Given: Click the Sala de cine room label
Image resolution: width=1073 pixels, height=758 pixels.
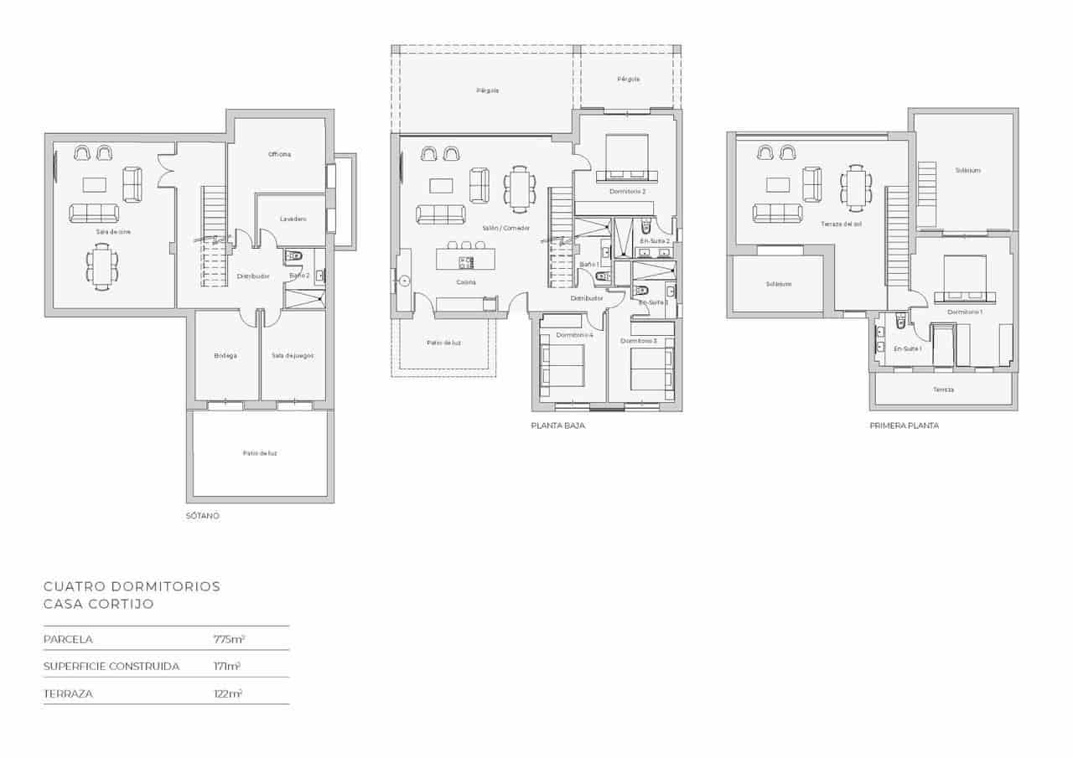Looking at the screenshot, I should (x=113, y=231).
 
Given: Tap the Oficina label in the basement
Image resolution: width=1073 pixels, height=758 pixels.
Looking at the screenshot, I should (x=279, y=154).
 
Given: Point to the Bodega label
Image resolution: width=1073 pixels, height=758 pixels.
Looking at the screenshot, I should (x=225, y=355).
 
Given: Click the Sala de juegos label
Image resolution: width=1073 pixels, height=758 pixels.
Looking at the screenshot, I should (x=293, y=355).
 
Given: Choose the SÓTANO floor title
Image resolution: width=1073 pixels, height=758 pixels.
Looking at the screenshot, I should (x=203, y=516).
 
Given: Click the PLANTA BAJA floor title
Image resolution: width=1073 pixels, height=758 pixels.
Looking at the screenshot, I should (x=557, y=425).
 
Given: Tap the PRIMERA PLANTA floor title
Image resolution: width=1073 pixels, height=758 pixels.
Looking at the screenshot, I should (x=904, y=425).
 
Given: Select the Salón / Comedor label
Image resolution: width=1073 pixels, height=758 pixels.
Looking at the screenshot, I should (x=505, y=228).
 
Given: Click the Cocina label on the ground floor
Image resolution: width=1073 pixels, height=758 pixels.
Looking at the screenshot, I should (x=466, y=282).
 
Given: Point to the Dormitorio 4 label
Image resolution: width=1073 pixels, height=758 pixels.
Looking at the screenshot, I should (x=574, y=335).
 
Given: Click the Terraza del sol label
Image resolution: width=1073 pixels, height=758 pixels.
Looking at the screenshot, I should (x=841, y=224).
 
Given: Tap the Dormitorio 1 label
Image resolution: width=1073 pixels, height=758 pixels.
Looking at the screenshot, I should (x=964, y=312).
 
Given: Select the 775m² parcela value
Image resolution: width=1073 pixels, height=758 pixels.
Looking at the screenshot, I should (x=229, y=639).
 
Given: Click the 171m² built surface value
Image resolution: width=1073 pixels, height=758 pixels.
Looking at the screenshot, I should (x=227, y=667).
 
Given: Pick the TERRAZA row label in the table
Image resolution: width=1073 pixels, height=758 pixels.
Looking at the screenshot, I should (x=68, y=694).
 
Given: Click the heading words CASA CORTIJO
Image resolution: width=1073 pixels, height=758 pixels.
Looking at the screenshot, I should (x=99, y=604).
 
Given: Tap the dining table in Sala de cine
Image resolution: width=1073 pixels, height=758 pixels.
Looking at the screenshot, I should (x=101, y=266).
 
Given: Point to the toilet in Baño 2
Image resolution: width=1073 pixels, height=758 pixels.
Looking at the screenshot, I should (x=293, y=256).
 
